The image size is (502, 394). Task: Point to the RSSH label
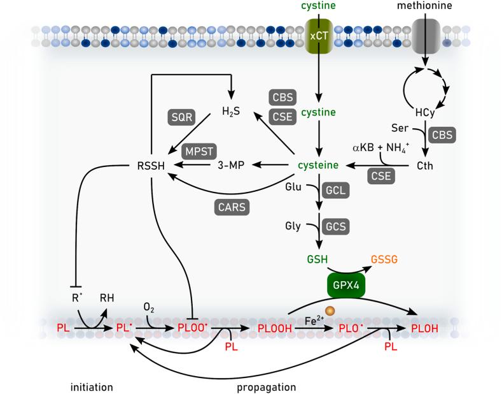(x=152, y=165)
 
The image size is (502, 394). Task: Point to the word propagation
(x=266, y=386)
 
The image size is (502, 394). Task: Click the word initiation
(x=91, y=386)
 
